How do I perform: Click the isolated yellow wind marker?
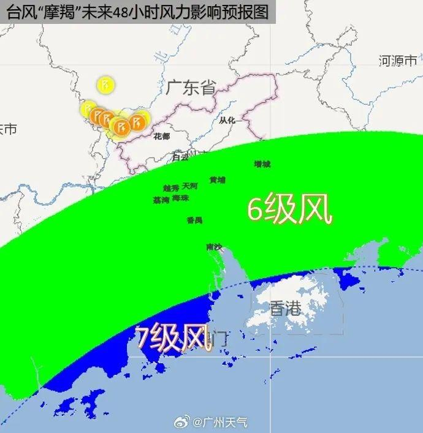pyautogui.click(x=106, y=83)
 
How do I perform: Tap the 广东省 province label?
pyautogui.click(x=191, y=88)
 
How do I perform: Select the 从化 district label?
pyautogui.click(x=227, y=120)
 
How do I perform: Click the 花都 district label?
pyautogui.click(x=162, y=136)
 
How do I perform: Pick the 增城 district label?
pyautogui.click(x=262, y=164)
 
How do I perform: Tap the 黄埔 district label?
pyautogui.click(x=217, y=180)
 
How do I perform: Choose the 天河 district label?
pyautogui.click(x=190, y=186)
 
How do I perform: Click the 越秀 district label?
pyautogui.click(x=171, y=188)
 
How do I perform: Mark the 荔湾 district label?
pyautogui.click(x=161, y=200)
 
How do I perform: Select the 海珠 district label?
pyautogui.click(x=181, y=198)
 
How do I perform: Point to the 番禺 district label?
pyautogui.click(x=194, y=220)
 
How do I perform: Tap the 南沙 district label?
pyautogui.click(x=214, y=247)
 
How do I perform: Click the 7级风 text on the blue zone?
pyautogui.click(x=173, y=339)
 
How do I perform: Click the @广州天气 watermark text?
pyautogui.click(x=221, y=422)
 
